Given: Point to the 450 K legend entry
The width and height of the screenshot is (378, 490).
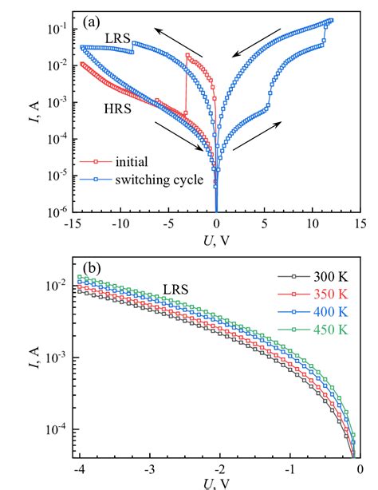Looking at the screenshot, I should point(327,326).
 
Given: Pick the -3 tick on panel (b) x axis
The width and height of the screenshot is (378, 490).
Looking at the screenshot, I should point(147,470).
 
